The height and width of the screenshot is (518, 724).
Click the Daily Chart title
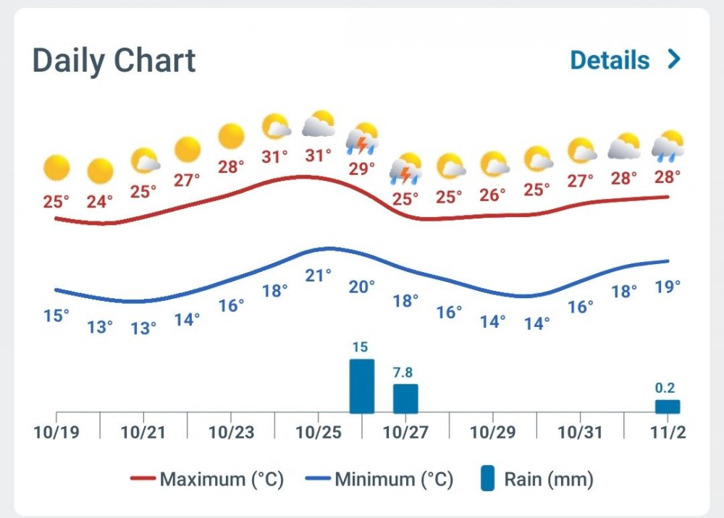coord(114,60)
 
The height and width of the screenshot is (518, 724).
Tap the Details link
coord(610,60)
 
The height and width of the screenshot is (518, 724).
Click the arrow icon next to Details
coord(674,59)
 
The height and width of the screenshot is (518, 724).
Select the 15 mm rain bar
coord(362,386)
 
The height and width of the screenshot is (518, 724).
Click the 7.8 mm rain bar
coord(405,399)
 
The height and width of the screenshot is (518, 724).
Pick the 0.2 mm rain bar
coord(667,407)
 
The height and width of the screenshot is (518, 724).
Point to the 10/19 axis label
coord(56,433)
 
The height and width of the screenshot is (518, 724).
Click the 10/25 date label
coord(319,433)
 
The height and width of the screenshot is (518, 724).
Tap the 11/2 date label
coord(667,433)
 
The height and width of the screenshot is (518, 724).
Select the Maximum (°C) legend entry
coord(207,479)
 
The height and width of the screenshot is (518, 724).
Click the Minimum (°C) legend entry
coord(379,479)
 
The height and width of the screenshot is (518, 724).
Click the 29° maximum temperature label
coord(362,169)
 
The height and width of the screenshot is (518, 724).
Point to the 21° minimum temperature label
coord(319,275)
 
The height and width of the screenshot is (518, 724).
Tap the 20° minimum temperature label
coord(362,286)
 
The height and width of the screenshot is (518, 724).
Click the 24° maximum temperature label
coord(100,202)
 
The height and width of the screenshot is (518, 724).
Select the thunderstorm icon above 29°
coord(362,139)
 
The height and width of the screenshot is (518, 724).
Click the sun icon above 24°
coord(100,171)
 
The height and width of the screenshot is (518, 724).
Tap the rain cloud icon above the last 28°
coord(667,145)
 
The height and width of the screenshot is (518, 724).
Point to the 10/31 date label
coord(580,433)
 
